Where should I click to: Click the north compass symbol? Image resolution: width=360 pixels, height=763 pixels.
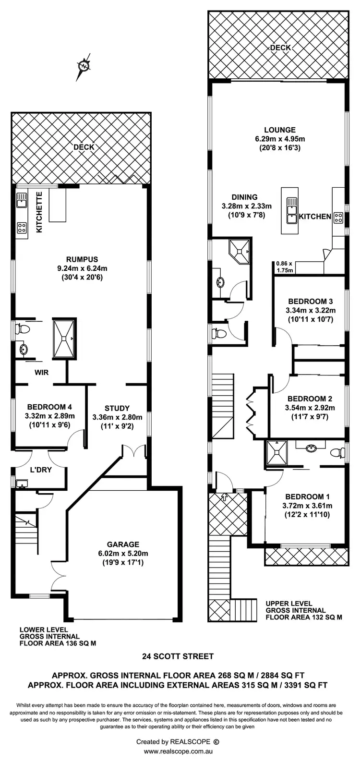pyautogui.click(x=84, y=66)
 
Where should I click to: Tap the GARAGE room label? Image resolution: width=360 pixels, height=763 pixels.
pyautogui.click(x=123, y=544)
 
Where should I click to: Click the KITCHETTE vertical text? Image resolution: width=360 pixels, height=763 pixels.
pyautogui.click(x=40, y=213)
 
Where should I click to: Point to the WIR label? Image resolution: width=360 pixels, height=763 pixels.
pyautogui.click(x=41, y=372)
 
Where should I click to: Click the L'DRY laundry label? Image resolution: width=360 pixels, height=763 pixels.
pyautogui.click(x=41, y=470)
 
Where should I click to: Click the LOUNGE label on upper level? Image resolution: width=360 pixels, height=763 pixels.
pyautogui.click(x=279, y=130)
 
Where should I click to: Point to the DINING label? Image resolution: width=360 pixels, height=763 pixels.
pyautogui.click(x=244, y=197)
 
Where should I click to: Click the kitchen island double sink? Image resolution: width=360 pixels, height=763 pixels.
pyautogui.click(x=291, y=211)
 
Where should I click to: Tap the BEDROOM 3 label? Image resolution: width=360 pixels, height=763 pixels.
pyautogui.click(x=309, y=301)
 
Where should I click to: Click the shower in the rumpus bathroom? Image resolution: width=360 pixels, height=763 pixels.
pyautogui.click(x=64, y=338)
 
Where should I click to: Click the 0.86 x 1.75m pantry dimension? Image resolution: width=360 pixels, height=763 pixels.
pyautogui.click(x=284, y=266)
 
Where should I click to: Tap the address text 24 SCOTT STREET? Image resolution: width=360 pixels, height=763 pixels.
pyautogui.click(x=178, y=656)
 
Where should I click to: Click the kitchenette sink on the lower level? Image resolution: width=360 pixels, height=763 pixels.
pyautogui.click(x=22, y=200)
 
